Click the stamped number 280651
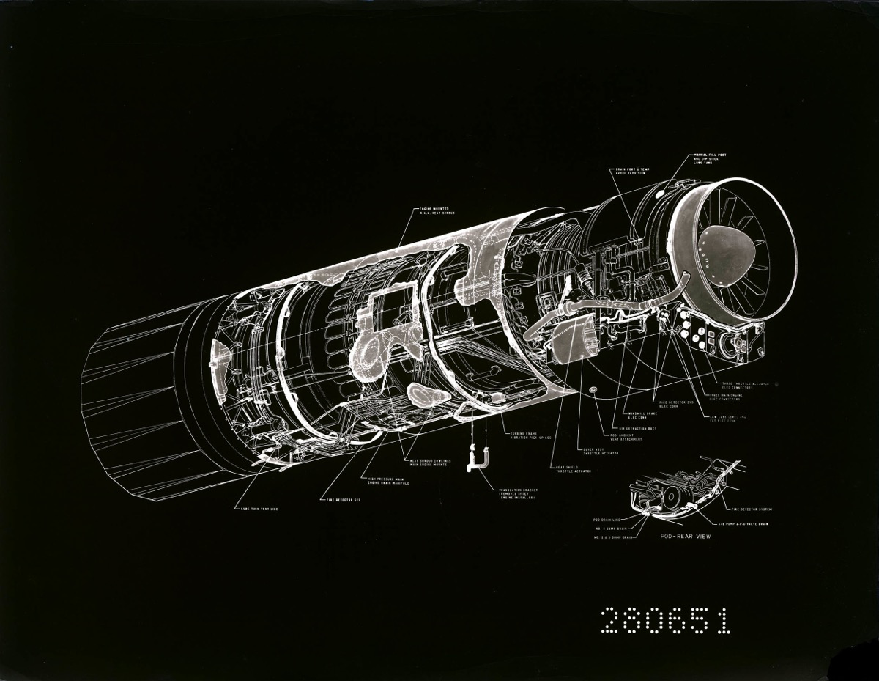click(665, 622)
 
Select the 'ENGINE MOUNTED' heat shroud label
click(437, 211)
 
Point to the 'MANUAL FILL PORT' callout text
click(711, 159)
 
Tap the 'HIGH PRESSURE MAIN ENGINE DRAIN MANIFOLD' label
click(388, 481)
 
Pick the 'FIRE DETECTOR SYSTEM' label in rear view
click(751, 509)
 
